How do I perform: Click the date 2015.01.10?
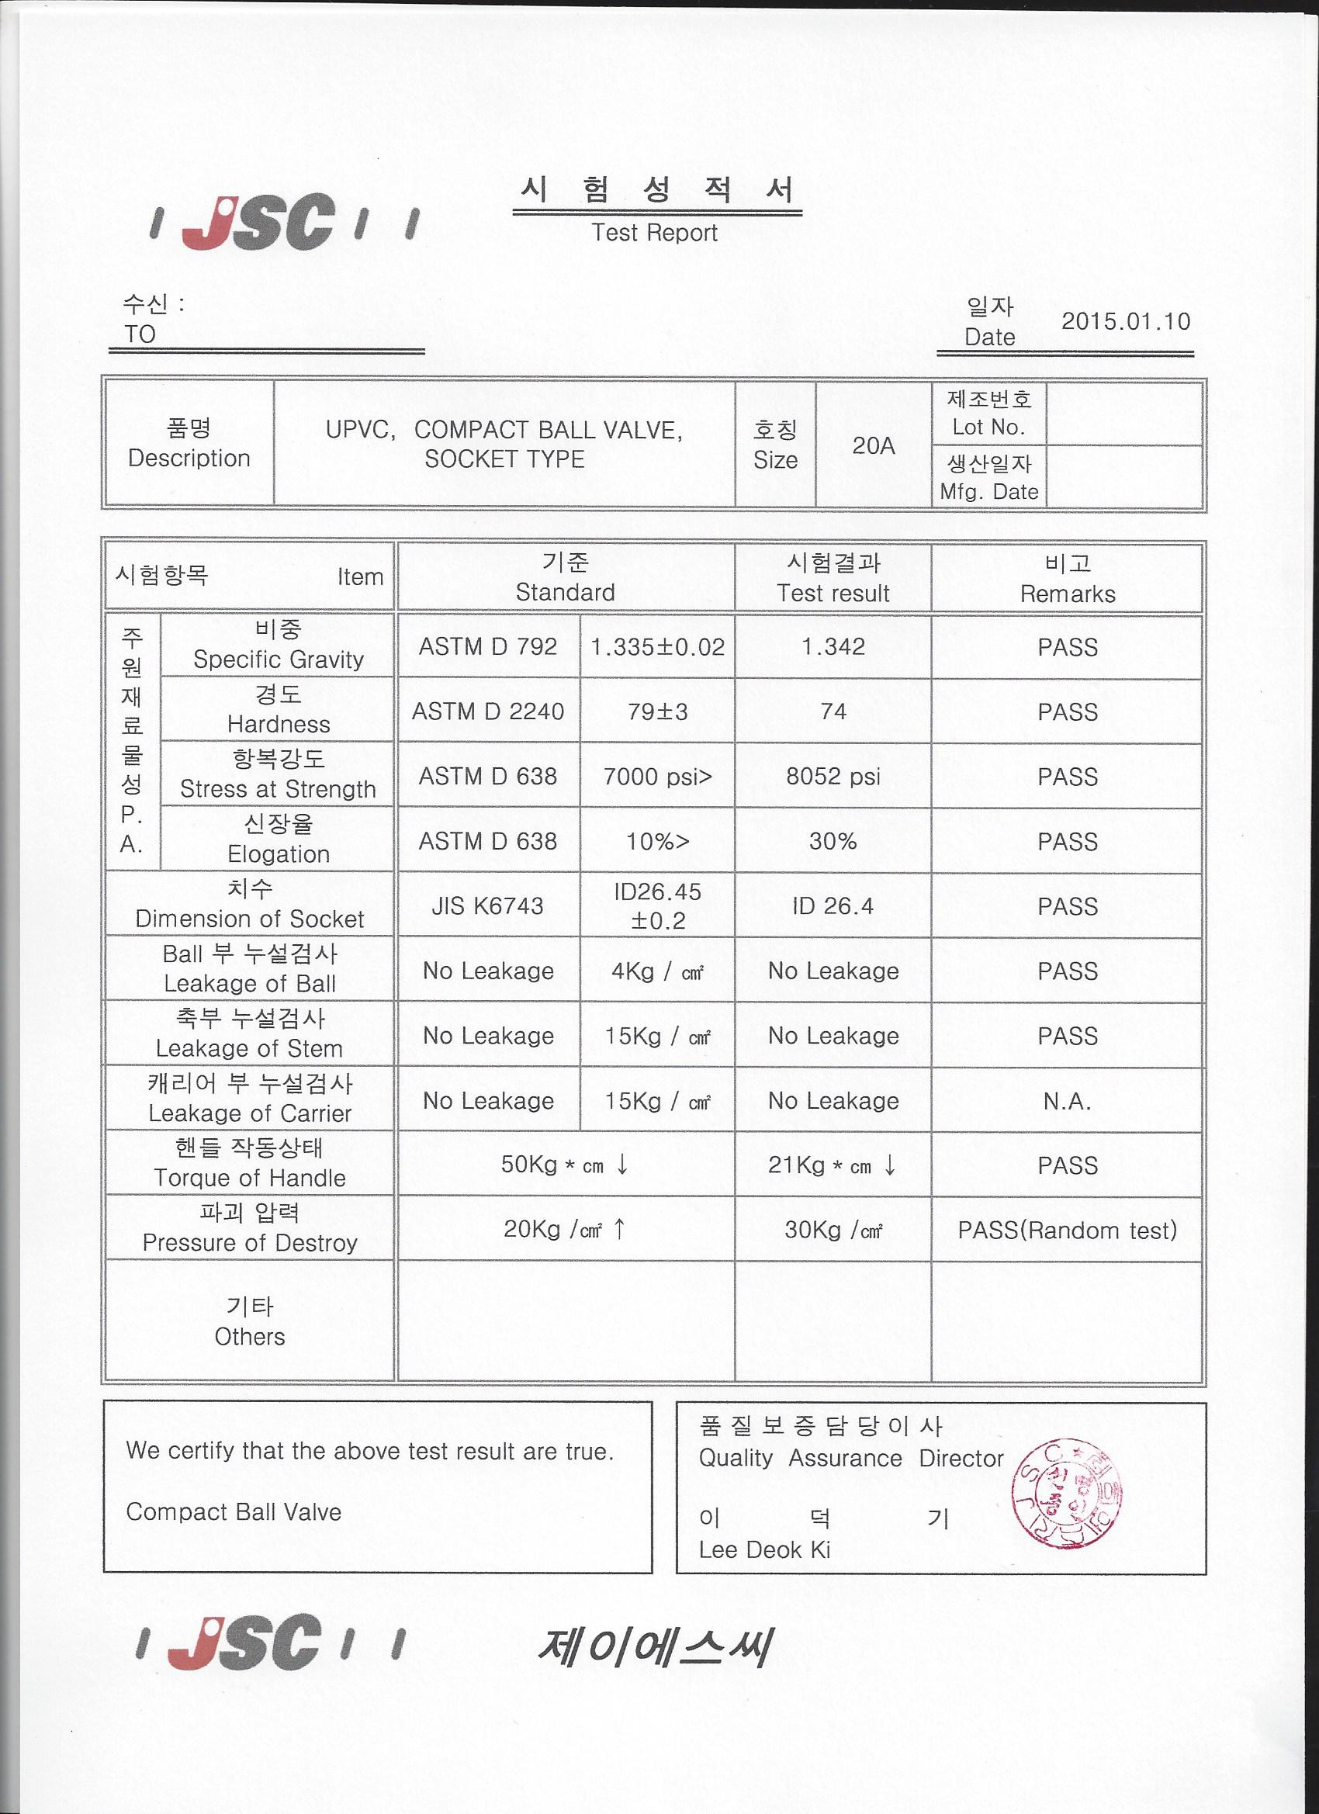pos(1126,321)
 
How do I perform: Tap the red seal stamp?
pos(1066,1494)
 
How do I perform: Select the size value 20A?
pos(874,445)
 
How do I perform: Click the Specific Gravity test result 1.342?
pos(833,646)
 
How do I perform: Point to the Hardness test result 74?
pos(833,711)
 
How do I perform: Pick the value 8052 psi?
pos(833,776)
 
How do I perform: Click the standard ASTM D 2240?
pos(488,711)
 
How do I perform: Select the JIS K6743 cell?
pos(488,905)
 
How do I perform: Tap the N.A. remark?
pos(1067,1102)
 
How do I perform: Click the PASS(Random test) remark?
pos(1067,1230)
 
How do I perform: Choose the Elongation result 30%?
pos(833,840)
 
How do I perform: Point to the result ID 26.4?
pos(833,905)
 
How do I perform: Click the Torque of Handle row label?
pos(250,1177)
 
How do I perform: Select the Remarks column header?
pos(1067,594)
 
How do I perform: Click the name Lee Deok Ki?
pos(764,1550)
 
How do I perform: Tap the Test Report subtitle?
pos(654,233)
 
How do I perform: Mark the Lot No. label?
pos(988,427)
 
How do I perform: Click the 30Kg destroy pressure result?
pos(833,1230)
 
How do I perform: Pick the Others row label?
pos(250,1337)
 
